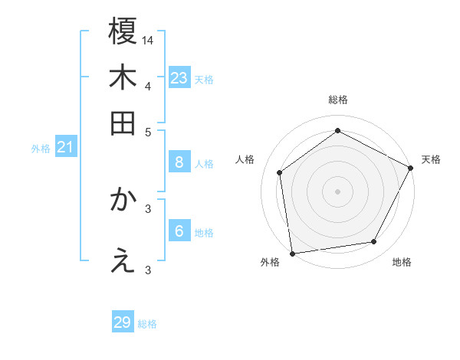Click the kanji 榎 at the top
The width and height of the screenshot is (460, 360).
tap(123, 32)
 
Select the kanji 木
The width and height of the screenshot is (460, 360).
tap(123, 78)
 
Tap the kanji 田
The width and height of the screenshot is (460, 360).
tap(123, 123)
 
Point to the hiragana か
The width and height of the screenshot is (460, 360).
tap(123, 200)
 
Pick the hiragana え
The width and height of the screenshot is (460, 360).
tap(123, 262)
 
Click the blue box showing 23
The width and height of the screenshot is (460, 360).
tap(179, 78)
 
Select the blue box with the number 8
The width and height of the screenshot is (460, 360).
tap(179, 162)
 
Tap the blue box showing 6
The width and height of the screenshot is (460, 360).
tap(179, 231)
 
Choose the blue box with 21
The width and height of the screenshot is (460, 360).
tap(64, 147)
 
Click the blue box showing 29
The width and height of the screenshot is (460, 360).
tap(123, 322)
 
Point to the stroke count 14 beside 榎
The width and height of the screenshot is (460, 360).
tap(149, 39)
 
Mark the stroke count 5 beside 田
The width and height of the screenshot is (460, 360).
tap(149, 131)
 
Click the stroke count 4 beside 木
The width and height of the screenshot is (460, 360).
tap(148, 85)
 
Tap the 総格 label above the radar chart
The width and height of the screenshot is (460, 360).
tap(337, 100)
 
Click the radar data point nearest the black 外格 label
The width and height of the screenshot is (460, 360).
tap(292, 253)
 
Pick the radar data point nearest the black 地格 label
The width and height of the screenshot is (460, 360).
tap(374, 242)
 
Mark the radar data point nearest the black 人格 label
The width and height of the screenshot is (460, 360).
tap(280, 172)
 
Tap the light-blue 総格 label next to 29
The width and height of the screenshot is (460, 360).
tap(147, 324)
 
